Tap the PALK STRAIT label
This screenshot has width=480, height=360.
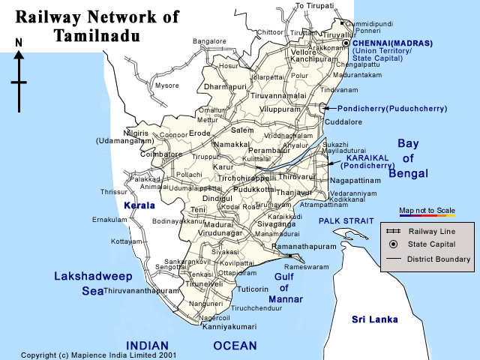point(345,220)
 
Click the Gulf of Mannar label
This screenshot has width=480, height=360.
point(288,288)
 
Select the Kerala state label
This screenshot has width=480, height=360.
point(139,205)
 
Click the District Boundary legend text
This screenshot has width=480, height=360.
point(439,259)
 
